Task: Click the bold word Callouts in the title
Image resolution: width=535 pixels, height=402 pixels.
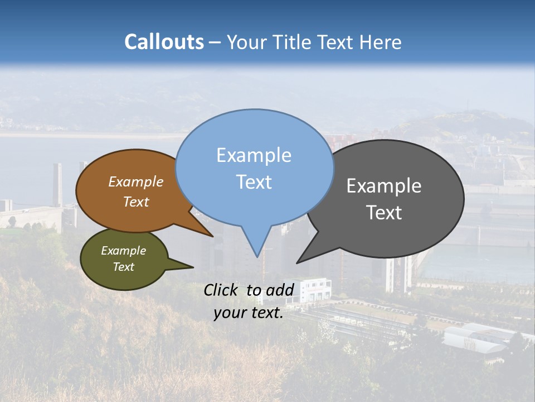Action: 164,42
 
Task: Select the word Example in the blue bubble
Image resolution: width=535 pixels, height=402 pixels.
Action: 254,155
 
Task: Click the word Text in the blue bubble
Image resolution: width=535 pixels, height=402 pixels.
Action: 254,182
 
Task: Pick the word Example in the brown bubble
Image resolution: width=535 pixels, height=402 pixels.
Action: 135,182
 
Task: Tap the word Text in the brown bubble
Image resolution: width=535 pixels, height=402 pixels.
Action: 135,202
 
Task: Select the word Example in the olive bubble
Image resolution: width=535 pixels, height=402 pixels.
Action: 123,251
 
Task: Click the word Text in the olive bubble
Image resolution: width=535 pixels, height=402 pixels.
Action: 123,267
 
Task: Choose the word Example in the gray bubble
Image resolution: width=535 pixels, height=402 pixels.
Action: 383,186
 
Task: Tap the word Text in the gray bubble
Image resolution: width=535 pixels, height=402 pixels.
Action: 383,213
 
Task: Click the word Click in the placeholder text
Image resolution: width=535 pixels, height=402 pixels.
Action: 222,290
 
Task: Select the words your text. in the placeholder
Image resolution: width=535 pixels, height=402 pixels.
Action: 249,313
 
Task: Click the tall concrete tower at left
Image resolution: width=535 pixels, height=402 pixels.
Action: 57,184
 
